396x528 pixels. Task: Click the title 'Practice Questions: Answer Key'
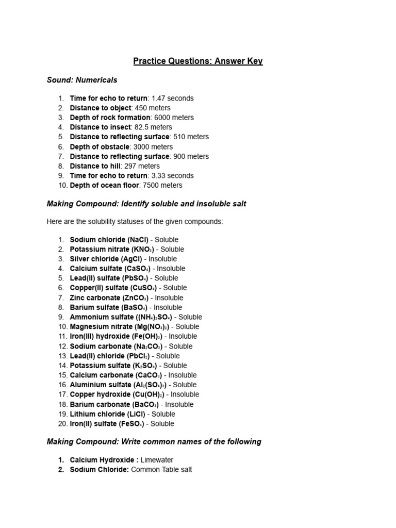[198, 61]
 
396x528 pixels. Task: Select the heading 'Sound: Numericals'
[82, 80]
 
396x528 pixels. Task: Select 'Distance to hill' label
[95, 166]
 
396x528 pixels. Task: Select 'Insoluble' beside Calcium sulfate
[171, 269]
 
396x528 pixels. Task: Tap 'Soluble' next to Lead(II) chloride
[168, 356]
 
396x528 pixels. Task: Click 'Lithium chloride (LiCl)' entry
[107, 414]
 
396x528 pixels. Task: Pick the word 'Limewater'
[157, 460]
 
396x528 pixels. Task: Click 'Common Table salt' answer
[161, 470]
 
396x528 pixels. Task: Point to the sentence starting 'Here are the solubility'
[135, 221]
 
